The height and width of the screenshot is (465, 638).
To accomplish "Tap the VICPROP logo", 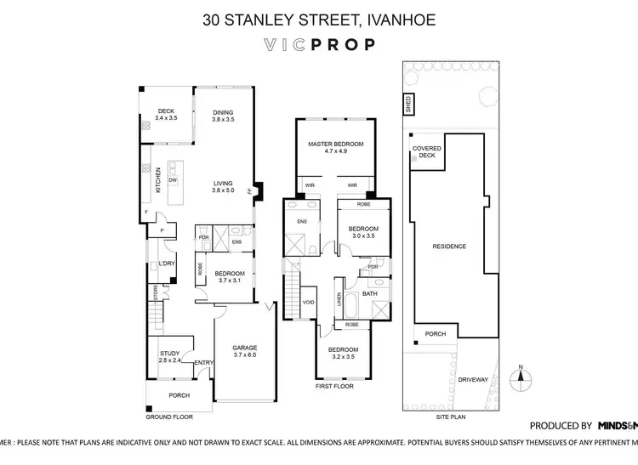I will click(318, 45).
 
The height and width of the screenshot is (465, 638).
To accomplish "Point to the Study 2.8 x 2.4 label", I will click(170, 357).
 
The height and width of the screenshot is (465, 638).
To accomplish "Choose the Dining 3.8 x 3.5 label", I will click(223, 116).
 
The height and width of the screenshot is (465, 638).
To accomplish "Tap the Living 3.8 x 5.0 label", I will click(223, 187).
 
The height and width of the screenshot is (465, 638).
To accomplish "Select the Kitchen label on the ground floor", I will click(157, 179).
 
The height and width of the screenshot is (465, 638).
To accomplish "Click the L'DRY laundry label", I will click(166, 264).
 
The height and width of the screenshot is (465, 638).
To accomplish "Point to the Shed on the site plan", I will click(408, 105).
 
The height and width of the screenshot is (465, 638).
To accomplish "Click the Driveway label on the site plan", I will click(473, 380).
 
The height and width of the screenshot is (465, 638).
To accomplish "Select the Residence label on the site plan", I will click(449, 247).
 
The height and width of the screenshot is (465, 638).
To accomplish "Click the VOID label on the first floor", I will click(309, 302).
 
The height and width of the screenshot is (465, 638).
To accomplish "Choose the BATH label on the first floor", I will click(369, 294).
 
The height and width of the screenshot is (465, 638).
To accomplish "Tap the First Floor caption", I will click(333, 385).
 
